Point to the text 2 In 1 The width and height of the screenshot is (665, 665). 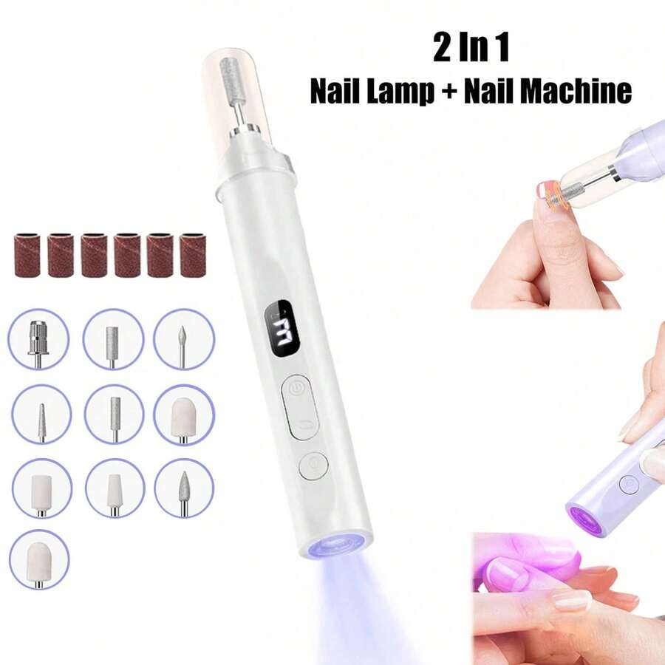(x=471, y=50)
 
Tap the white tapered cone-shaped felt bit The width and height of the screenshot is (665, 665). (x=115, y=490)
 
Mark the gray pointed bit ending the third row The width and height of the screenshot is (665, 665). (x=183, y=487)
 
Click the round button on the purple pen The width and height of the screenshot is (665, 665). (x=629, y=485)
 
